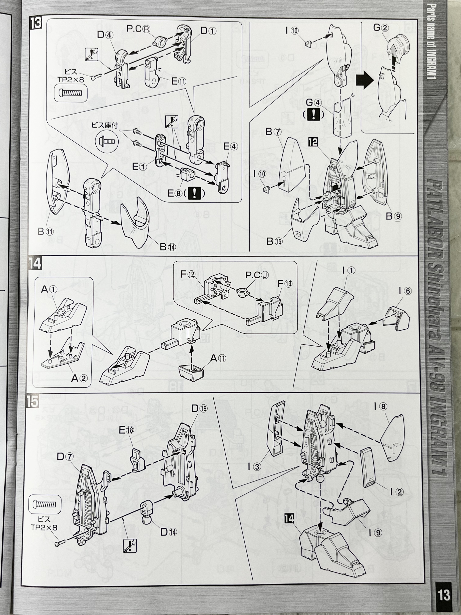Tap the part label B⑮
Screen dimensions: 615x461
coord(275,241)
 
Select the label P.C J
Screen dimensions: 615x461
coord(257,275)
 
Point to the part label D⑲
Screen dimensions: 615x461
coord(199,408)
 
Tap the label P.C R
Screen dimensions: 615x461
coord(138,29)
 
